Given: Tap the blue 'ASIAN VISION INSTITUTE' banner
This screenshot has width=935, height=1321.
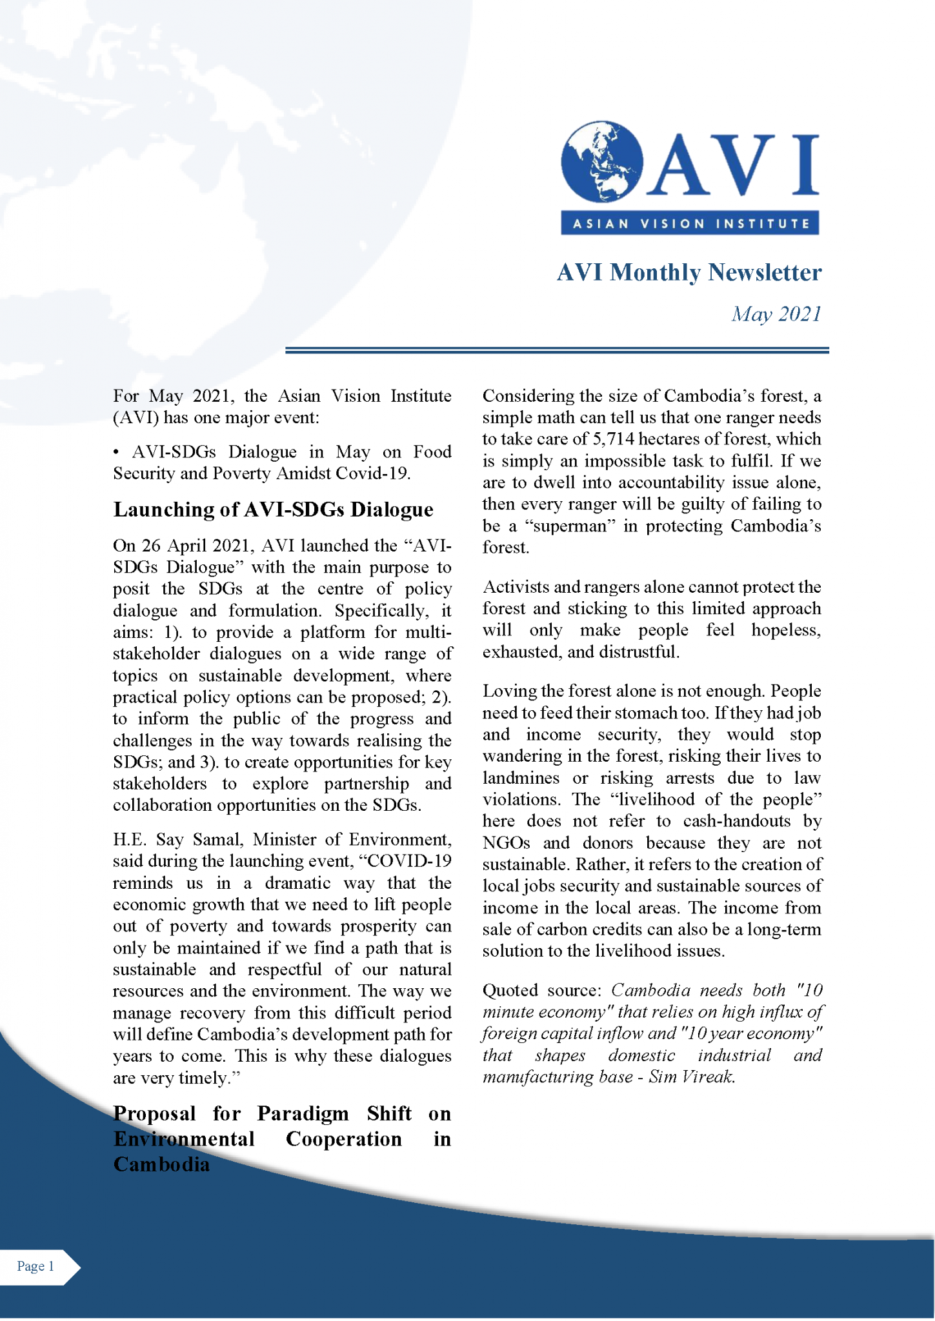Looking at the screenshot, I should pos(690,223).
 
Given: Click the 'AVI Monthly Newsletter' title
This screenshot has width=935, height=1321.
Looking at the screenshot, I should pos(689,272).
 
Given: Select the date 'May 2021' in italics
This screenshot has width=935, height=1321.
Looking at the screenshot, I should pos(776,314).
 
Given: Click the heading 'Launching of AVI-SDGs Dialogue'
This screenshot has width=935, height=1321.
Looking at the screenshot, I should pos(273,510).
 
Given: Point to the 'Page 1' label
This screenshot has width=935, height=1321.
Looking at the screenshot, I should pos(35,1266).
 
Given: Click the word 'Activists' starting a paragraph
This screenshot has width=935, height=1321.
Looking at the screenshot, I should pos(515,587).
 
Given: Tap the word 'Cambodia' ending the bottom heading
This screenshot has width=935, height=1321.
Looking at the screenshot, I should pos(161,1164).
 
